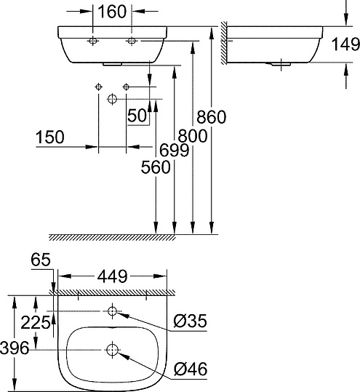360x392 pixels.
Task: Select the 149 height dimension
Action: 344,45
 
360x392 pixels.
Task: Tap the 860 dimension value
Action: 211,116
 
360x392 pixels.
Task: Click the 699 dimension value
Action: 175,151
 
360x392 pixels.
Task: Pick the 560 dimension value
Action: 156,167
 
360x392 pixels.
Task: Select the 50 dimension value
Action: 136,116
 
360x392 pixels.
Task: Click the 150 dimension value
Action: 49,137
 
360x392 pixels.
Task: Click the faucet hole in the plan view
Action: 112,312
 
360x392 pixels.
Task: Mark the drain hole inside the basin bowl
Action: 112,350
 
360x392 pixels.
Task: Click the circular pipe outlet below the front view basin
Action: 112,98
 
